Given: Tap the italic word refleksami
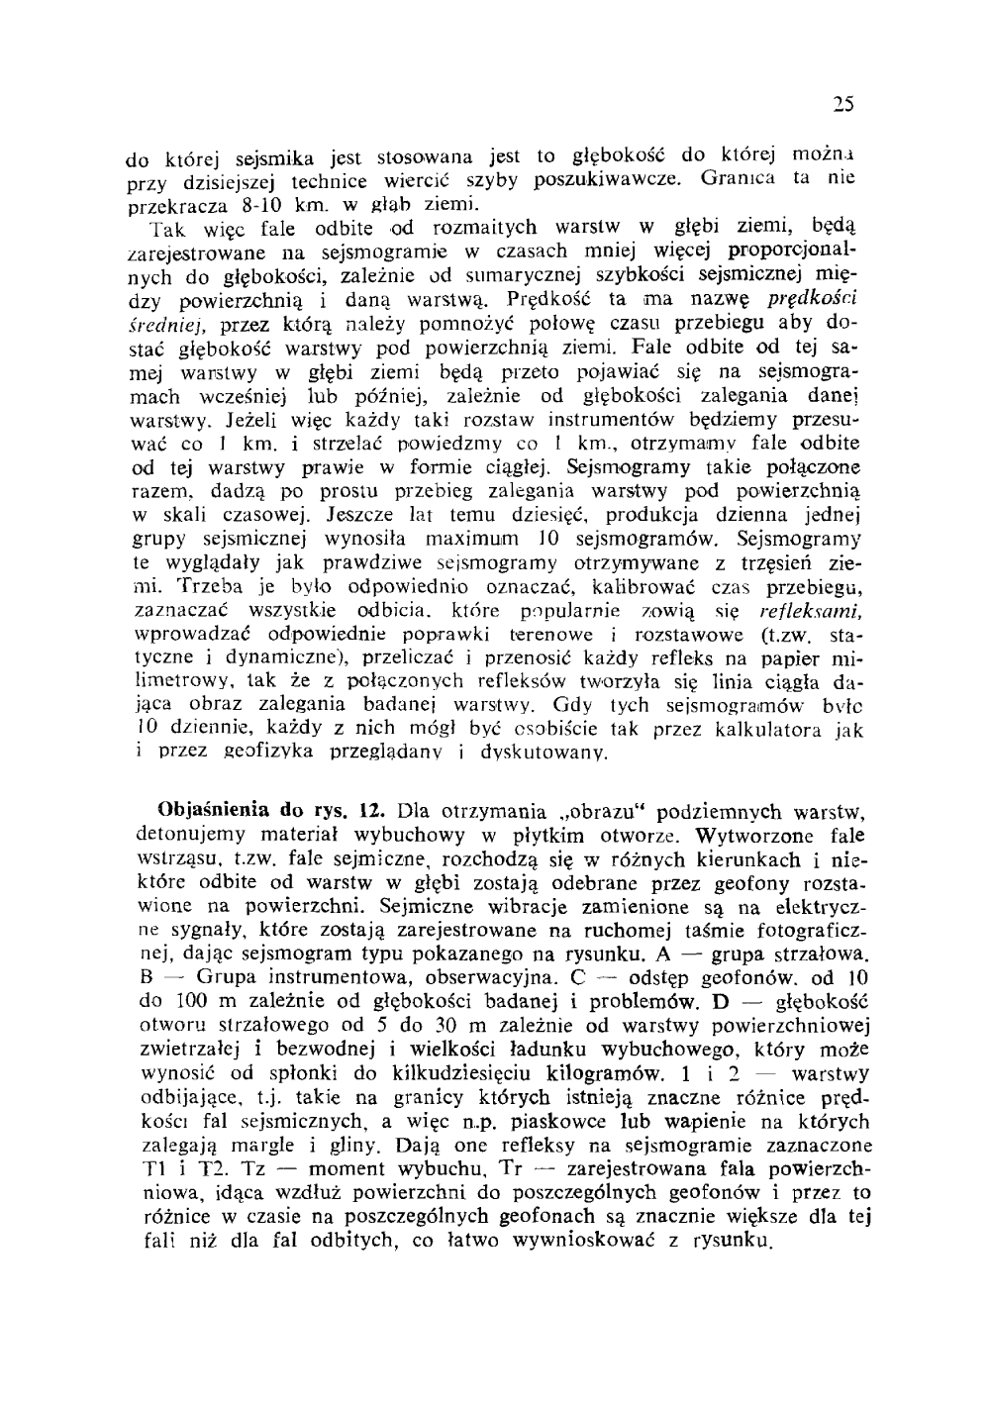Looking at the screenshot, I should click(x=809, y=611).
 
